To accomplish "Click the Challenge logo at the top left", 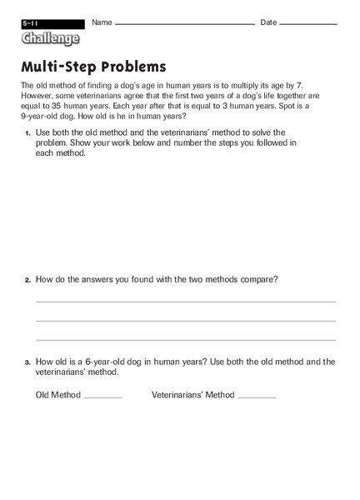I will click(x=51, y=38).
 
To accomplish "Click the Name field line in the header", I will click(x=185, y=25).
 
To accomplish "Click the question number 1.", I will click(x=27, y=133).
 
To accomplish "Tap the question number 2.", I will click(x=27, y=280).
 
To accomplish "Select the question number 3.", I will click(x=27, y=362).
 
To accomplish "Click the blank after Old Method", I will click(x=102, y=397).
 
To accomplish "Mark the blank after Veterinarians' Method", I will click(x=257, y=397).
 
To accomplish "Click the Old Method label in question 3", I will click(x=57, y=395).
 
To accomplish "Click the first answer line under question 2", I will click(x=185, y=302).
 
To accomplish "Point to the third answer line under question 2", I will click(x=185, y=340).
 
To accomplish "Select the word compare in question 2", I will click(x=259, y=279).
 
